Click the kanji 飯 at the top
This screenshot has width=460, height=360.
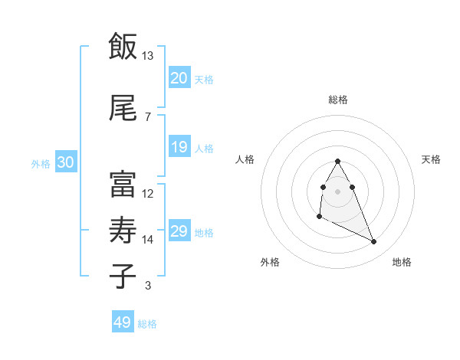(x=123, y=47)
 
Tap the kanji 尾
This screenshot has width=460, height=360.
(x=123, y=109)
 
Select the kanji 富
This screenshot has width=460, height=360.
(x=123, y=185)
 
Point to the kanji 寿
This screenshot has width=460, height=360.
(x=123, y=231)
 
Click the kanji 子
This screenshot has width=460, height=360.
(x=123, y=276)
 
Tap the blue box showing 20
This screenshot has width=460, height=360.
(x=179, y=77)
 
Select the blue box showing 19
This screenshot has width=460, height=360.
(x=179, y=147)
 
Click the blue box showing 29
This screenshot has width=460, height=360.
(x=179, y=231)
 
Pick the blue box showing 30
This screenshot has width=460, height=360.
(x=65, y=162)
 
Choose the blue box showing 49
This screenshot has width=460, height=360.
(x=123, y=322)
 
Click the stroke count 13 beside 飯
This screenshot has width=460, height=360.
(x=147, y=56)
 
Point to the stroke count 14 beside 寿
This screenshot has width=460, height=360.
(x=147, y=240)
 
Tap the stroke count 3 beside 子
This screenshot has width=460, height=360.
(x=147, y=286)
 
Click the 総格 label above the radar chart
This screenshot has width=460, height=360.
(x=337, y=100)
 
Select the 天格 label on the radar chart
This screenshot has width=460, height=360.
(x=431, y=159)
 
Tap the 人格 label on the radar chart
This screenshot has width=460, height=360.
(x=245, y=159)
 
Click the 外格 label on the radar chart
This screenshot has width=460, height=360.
(x=270, y=262)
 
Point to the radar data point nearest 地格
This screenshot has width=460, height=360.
(x=374, y=242)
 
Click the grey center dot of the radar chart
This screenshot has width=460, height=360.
(x=337, y=190)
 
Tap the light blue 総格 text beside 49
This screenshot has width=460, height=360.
(x=147, y=324)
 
